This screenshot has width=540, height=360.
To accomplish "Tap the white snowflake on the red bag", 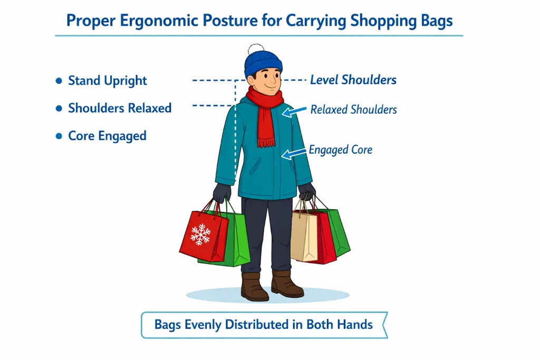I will coord(200,234).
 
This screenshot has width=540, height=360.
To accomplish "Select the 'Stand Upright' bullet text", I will coord(108,81).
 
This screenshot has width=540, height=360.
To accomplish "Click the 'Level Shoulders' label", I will coord(353,80).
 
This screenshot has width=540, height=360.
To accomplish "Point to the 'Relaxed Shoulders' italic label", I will coord(353,110).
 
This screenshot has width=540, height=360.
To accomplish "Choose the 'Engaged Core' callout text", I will coord(340,150).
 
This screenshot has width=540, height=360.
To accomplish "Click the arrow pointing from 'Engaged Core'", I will coord(294,153).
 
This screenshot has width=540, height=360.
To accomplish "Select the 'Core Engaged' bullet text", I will coord(107,135).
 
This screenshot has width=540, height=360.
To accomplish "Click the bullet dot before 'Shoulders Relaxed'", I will coord(59,109).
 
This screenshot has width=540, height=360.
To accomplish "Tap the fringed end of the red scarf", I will coord(266,141).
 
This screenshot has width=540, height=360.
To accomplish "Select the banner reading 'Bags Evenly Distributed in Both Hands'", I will coord(264,324).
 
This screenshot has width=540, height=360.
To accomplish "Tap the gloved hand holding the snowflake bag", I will coord(222,192).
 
